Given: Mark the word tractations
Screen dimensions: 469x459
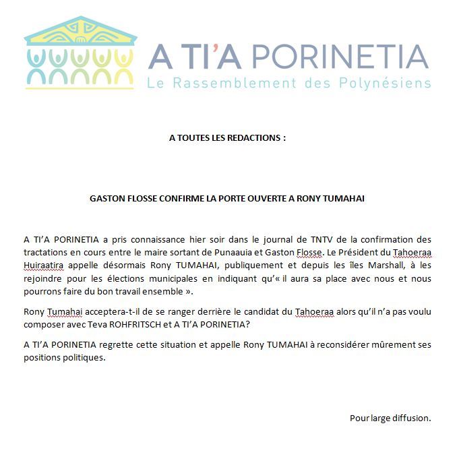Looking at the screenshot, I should click(46, 253).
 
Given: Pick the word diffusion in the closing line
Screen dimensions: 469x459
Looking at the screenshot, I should click(408, 418).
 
